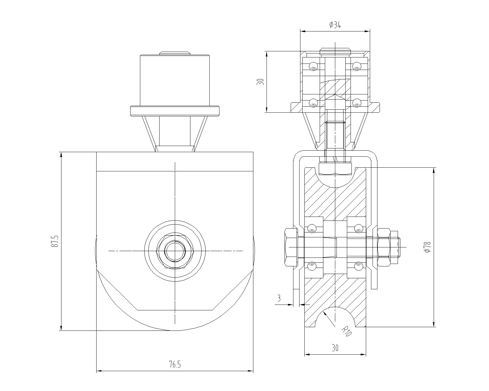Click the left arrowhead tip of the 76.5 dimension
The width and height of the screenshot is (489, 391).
coord(97,371)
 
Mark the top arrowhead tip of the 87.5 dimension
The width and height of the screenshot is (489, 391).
coord(61,152)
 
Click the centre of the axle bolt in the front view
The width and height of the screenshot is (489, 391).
coord(175,251)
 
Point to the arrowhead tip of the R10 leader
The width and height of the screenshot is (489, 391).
coord(324,312)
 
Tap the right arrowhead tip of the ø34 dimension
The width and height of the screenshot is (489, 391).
coord(370,31)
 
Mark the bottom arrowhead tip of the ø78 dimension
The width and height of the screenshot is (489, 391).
coord(434,327)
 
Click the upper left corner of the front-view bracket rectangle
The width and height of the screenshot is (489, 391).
coord(97,152)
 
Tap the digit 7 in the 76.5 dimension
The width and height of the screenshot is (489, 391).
coord(171,365)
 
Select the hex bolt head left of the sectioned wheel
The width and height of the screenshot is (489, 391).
coord(291,247)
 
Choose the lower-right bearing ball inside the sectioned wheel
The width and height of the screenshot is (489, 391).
coord(358,266)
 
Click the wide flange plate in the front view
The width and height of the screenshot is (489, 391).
coord(175,111)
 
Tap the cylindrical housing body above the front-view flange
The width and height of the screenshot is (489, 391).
coord(175,80)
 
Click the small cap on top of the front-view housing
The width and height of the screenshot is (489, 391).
coord(175,53)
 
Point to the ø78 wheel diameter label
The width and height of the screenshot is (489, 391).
coord(428,247)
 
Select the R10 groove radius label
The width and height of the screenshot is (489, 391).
coord(347,331)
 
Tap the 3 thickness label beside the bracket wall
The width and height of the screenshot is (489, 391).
coord(279,298)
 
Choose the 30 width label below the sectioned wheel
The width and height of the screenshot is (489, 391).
coord(335,348)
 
